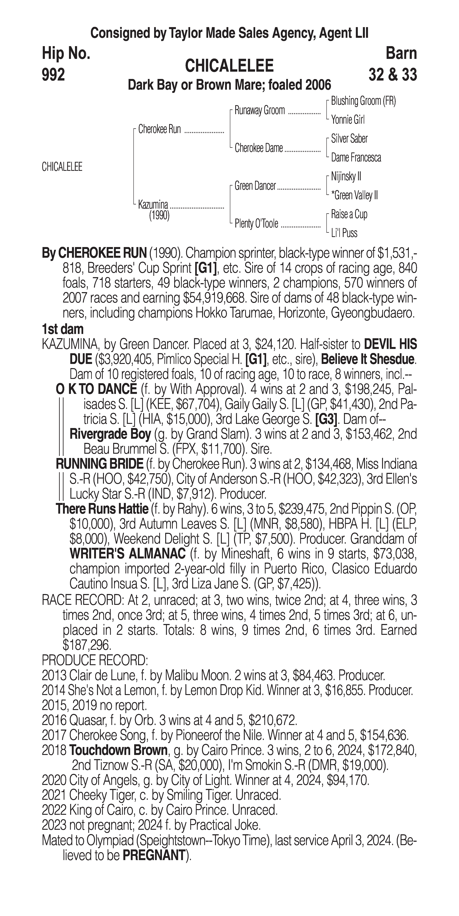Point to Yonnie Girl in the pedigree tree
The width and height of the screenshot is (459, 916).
[x=348, y=120]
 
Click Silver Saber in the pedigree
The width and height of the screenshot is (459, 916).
[x=349, y=139]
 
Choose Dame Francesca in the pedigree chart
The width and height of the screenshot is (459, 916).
[x=356, y=158]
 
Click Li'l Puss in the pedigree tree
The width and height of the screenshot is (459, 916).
[x=344, y=233]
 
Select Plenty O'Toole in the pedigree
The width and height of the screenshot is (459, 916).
[x=256, y=224]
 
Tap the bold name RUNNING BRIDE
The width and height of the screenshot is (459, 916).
[x=99, y=464]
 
